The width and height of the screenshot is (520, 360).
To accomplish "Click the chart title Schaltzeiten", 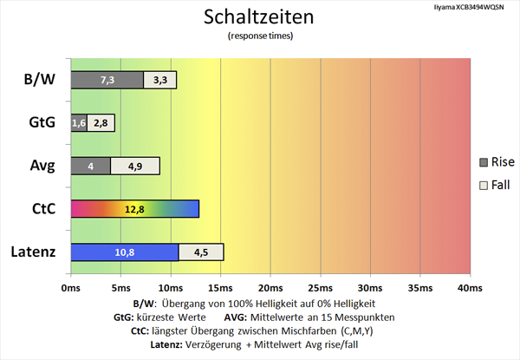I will [x=259, y=16].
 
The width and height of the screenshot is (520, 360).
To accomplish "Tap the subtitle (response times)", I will [x=259, y=36].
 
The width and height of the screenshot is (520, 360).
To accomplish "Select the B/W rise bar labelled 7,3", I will [x=107, y=80].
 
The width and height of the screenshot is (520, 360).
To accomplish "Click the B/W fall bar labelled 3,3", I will [x=160, y=80].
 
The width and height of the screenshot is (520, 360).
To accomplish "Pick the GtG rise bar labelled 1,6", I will [x=78, y=123].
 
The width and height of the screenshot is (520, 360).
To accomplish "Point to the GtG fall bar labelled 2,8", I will [x=101, y=123].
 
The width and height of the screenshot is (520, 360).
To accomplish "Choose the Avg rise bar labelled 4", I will [x=90, y=166].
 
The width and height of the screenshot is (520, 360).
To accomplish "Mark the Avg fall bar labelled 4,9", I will [x=135, y=166].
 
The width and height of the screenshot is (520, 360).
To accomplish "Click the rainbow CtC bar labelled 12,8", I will [x=134, y=209].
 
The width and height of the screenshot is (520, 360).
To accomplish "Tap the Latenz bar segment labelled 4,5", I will [x=201, y=252].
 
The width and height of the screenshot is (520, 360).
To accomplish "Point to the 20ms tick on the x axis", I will [x=270, y=287].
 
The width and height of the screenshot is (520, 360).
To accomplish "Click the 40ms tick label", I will [x=469, y=287].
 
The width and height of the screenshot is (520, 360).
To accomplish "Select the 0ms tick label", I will [x=71, y=287].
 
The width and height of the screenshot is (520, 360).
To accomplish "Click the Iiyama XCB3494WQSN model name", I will [x=472, y=7].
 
